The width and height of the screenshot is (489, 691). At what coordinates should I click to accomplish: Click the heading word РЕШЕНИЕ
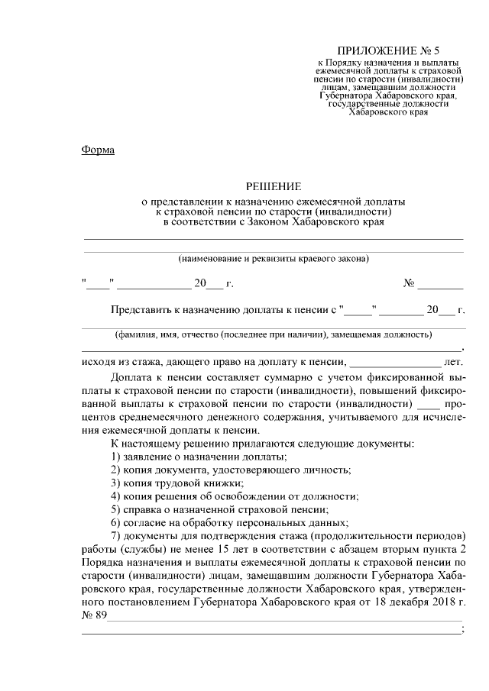[274, 186]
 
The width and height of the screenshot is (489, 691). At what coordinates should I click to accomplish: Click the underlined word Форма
[97, 150]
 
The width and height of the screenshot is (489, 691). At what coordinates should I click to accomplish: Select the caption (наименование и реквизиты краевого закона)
[274, 259]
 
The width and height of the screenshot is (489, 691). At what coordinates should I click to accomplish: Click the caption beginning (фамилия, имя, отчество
[274, 334]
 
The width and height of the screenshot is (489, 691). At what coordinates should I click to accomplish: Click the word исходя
[99, 361]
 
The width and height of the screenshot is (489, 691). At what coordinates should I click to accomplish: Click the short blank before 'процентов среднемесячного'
[430, 402]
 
